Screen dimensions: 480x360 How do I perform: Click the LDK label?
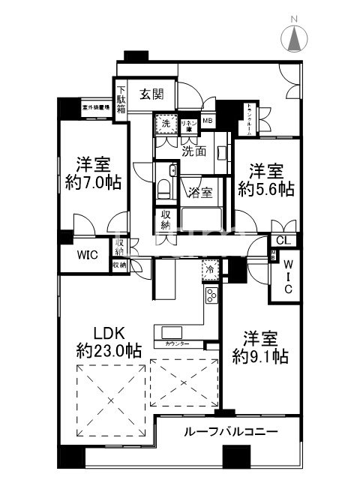(x=109, y=332)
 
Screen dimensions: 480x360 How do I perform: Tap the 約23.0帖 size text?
(x=109, y=350)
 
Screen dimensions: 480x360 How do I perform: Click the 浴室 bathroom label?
(x=199, y=190)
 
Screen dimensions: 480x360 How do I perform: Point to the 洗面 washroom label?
(x=194, y=151)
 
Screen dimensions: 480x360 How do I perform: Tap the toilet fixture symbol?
(x=164, y=187)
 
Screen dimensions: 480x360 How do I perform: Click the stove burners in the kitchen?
(x=211, y=295)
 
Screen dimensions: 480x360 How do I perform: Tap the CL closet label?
(x=283, y=241)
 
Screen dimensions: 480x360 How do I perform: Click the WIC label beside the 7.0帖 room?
(x=87, y=254)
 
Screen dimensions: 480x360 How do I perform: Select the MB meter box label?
(x=206, y=121)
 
